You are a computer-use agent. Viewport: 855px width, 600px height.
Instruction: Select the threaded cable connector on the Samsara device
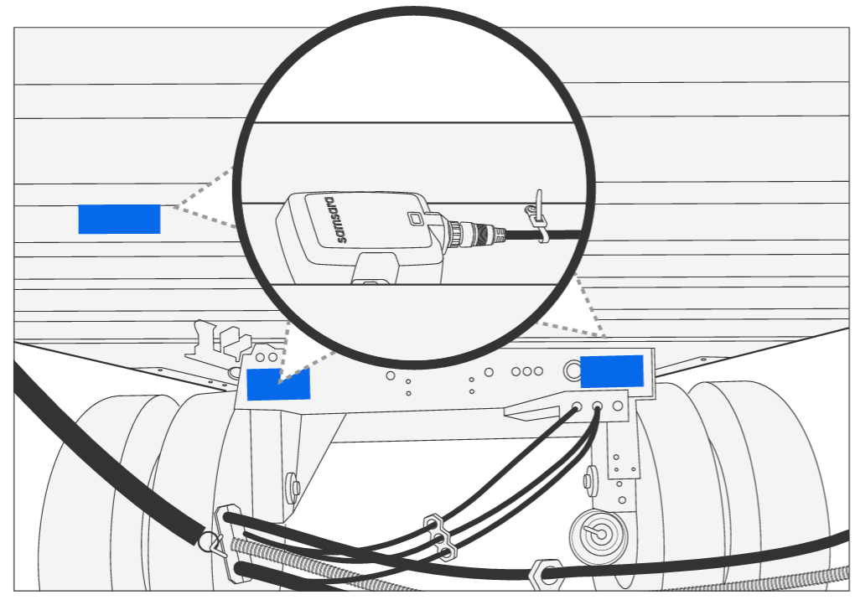click(x=469, y=235)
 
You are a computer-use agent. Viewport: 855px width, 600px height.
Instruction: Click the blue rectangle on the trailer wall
click(x=119, y=219)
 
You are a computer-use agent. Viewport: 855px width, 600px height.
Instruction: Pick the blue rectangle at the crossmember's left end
click(x=278, y=384)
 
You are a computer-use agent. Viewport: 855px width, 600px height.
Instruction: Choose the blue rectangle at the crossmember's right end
click(x=612, y=371)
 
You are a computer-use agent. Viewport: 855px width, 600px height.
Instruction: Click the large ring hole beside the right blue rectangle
click(x=571, y=368)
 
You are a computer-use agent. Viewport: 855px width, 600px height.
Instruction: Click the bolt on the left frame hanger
click(x=293, y=485)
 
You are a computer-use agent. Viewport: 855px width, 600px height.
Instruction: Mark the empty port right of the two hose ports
click(x=618, y=406)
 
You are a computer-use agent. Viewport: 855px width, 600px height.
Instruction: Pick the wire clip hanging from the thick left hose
click(x=213, y=546)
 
